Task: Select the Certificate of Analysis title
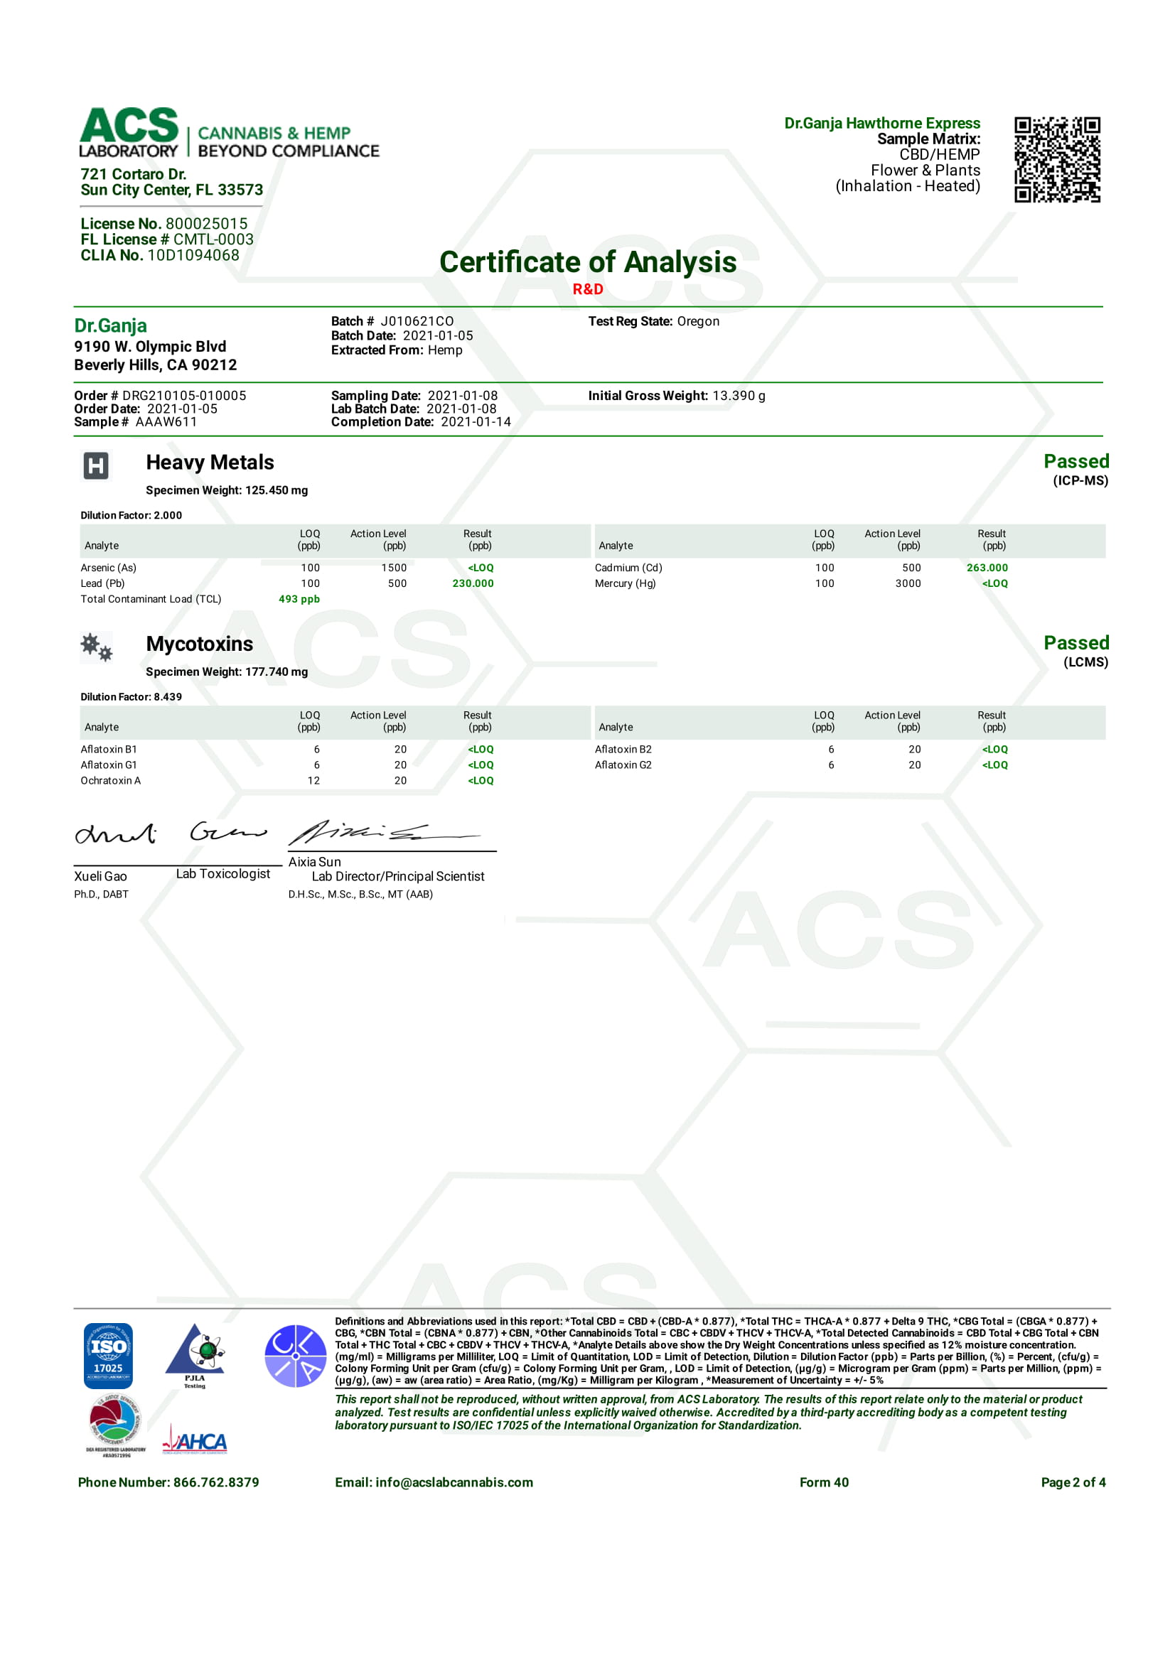tap(587, 262)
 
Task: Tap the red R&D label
tap(587, 289)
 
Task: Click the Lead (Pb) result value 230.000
tap(473, 583)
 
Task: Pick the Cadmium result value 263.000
tap(987, 568)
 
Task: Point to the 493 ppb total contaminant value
tap(299, 600)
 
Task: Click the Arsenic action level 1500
tap(394, 568)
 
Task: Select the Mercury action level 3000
tap(908, 583)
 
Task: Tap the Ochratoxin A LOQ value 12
tap(313, 780)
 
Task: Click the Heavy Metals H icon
tap(95, 465)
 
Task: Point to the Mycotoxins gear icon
tap(96, 647)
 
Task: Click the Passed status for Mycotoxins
tap(1075, 643)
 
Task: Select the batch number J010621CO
tap(417, 321)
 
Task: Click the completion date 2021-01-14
tap(476, 422)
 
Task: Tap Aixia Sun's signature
tap(377, 833)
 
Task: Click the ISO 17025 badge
tap(108, 1355)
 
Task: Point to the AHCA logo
tap(195, 1442)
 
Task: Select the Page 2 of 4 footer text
tap(1073, 1482)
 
